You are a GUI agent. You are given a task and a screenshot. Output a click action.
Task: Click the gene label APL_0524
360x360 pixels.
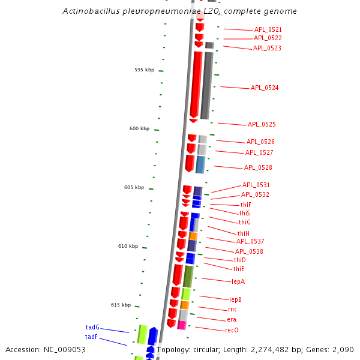point(264,88)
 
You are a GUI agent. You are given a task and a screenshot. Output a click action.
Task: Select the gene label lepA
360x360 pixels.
point(238,281)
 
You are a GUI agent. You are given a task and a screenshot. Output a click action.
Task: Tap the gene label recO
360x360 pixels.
point(232,330)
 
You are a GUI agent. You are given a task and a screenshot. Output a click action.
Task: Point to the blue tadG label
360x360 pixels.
point(92,328)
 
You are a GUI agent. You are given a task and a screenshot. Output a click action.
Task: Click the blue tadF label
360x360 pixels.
point(92,337)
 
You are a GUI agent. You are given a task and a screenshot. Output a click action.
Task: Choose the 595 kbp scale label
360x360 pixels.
point(144,70)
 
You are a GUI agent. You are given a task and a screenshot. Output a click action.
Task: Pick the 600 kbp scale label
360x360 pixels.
point(139,128)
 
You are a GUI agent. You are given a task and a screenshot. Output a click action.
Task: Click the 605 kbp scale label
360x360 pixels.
point(134,187)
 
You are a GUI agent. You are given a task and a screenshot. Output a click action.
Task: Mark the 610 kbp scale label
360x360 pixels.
point(128,246)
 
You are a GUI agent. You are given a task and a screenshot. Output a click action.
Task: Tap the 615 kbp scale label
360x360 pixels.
point(121,305)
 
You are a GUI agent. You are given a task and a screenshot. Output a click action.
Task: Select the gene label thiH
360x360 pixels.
point(243,233)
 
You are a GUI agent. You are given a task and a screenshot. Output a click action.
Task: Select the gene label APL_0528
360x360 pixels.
point(257,167)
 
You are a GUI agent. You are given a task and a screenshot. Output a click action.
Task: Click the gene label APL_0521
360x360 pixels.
point(268,29)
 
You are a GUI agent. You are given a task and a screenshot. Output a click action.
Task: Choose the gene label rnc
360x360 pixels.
point(232,309)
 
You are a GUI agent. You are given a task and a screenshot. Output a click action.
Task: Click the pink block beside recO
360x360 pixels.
point(182,325)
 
